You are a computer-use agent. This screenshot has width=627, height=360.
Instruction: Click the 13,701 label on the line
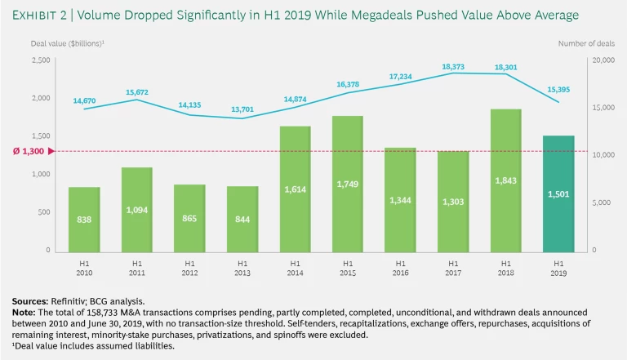[x=242, y=109]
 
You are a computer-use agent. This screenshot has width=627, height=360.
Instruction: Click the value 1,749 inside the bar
[x=348, y=184]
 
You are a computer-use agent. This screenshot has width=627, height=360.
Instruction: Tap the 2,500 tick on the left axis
[x=41, y=60]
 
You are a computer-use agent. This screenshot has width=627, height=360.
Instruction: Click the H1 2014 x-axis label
[x=295, y=268]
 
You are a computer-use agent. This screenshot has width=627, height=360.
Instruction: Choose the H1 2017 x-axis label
[x=453, y=268]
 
